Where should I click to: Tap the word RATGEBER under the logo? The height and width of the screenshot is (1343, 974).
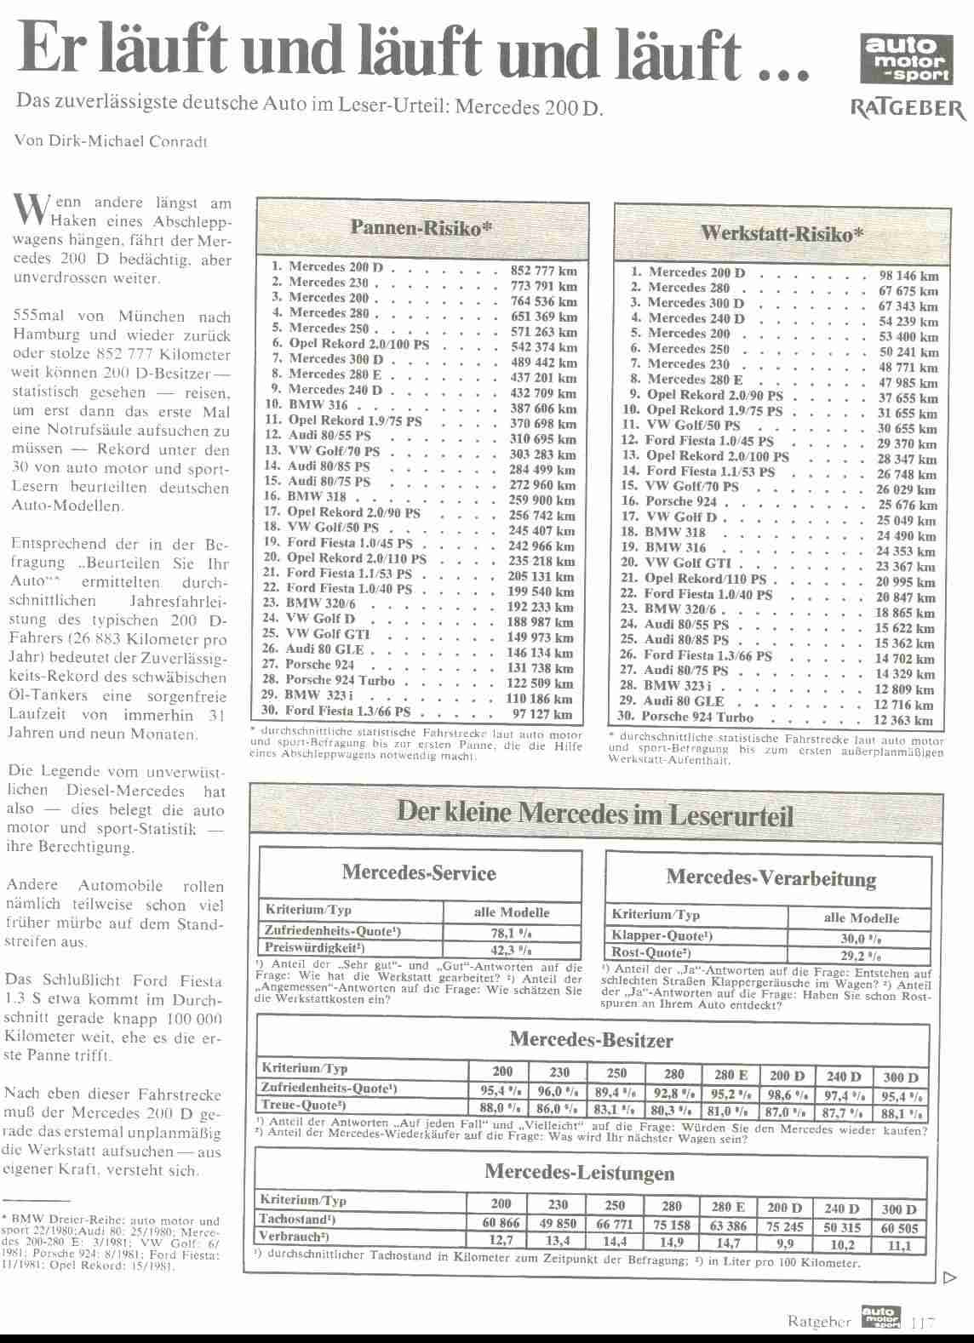(x=908, y=109)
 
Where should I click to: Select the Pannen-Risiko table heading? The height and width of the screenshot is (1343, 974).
(x=422, y=228)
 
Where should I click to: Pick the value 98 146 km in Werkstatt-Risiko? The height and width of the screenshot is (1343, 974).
(x=908, y=276)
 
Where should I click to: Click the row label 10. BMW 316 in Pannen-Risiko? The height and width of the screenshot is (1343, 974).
(x=307, y=405)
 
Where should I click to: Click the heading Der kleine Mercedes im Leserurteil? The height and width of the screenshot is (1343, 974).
(x=595, y=814)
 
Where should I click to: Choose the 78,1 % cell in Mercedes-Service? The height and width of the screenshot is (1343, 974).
(x=512, y=932)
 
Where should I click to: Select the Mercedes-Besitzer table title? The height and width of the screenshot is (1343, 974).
(x=591, y=1040)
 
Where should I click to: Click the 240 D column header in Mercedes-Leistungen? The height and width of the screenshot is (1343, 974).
(x=842, y=1208)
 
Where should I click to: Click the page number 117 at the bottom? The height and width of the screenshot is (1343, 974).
(x=922, y=1323)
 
